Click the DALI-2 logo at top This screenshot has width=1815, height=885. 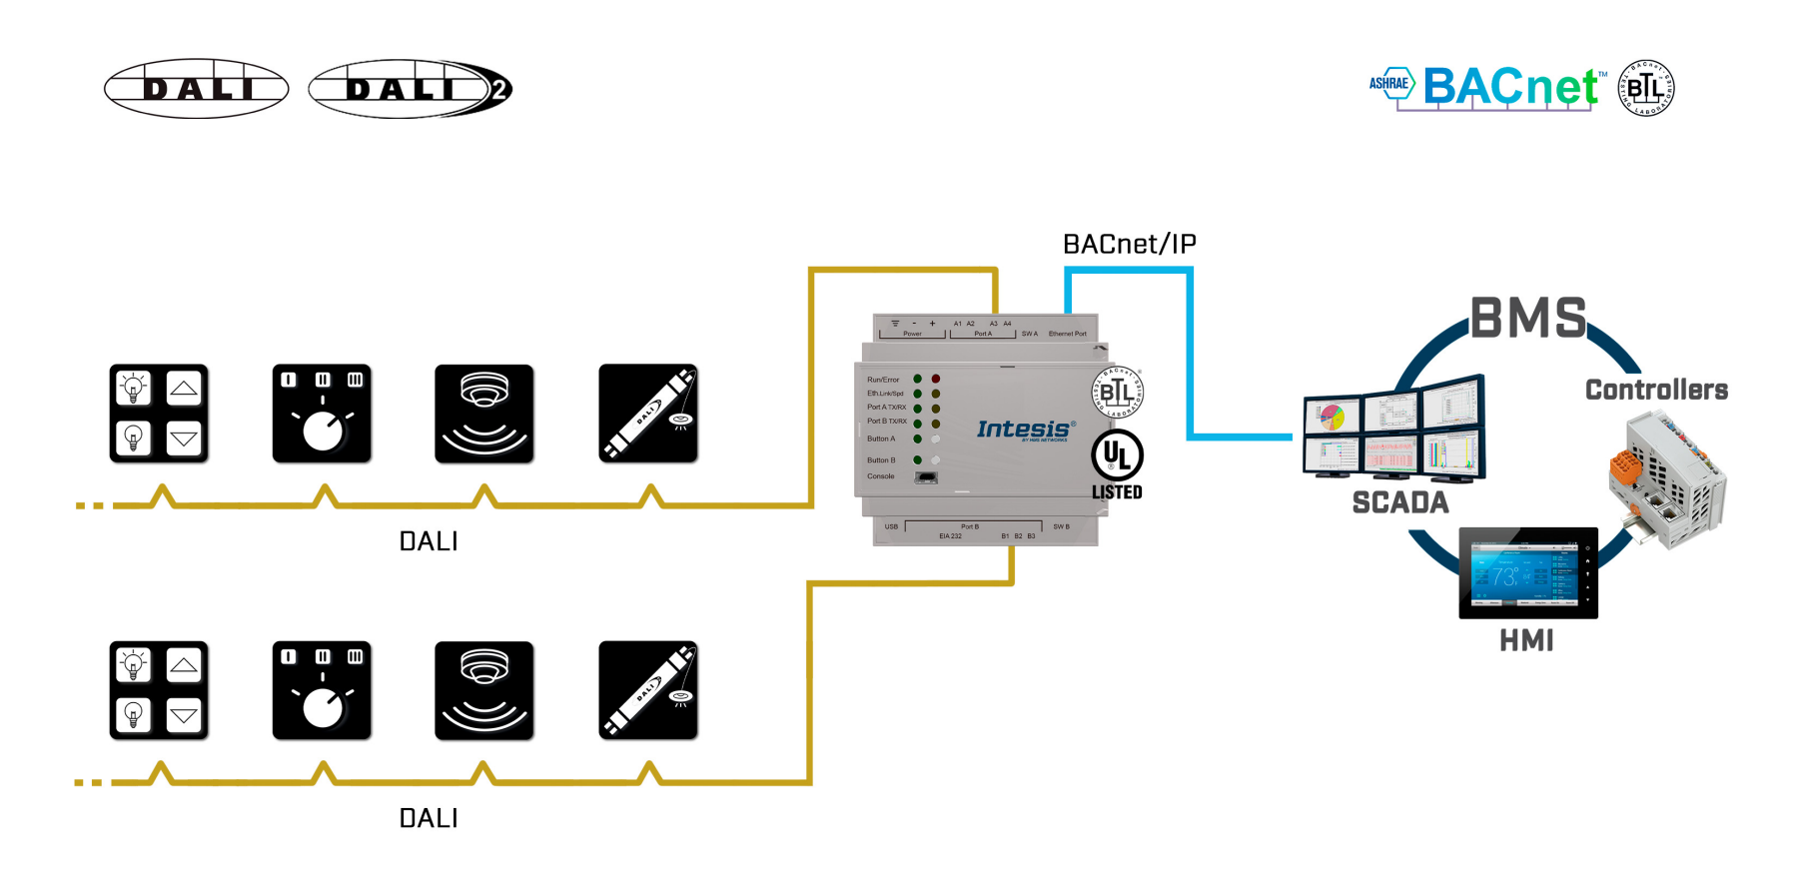pos(410,89)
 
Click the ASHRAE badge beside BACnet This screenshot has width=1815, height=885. pos(1389,84)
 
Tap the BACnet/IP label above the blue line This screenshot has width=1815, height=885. pos(1129,245)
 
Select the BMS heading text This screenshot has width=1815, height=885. pos(1527,319)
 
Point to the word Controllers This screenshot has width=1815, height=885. pos(1656,390)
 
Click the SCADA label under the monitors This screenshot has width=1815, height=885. pos(1399,502)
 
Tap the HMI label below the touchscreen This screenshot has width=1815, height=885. pos(1526,640)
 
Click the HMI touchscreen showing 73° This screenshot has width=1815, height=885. pos(1527,573)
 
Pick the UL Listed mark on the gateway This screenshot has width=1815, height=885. pos(1117,463)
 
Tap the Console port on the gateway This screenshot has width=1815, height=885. pos(926,477)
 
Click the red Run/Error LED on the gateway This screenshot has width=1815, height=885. pos(936,380)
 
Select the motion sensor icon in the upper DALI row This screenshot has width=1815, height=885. pos(484,414)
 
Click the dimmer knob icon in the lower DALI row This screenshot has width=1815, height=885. pos(322,690)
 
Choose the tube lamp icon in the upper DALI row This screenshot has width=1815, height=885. pos(648,414)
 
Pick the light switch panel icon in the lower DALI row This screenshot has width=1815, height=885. pos(159,690)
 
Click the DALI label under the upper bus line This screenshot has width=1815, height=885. pos(429,541)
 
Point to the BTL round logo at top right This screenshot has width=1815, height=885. pos(1645,88)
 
